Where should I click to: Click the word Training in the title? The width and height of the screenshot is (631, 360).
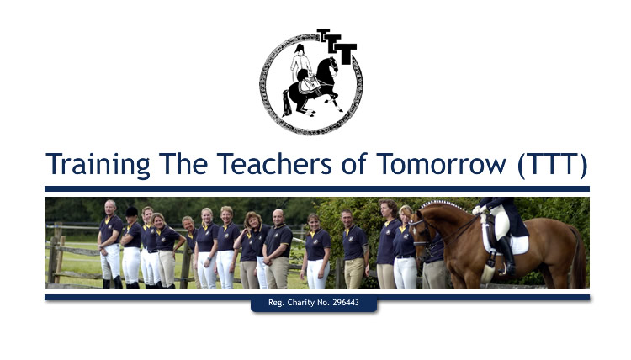98,165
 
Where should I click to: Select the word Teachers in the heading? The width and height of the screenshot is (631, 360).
274,164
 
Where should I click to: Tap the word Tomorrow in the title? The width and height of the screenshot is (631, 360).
441,164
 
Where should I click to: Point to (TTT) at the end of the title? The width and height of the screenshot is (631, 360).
552,165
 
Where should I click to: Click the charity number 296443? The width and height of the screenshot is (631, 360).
346,303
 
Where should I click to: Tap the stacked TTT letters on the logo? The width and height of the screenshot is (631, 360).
337,46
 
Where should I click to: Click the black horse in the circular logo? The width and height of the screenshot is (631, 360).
314,87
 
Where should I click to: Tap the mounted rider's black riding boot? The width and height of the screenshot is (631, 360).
506,257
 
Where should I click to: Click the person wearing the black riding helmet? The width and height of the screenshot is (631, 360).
130,247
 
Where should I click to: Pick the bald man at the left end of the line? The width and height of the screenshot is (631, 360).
110,244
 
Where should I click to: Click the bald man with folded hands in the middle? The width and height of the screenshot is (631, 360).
277,248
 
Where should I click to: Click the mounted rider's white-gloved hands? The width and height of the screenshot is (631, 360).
478,210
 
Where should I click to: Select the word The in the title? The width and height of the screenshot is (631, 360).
183,164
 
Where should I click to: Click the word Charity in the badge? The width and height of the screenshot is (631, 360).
301,303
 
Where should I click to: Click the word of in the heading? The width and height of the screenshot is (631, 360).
354,163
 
